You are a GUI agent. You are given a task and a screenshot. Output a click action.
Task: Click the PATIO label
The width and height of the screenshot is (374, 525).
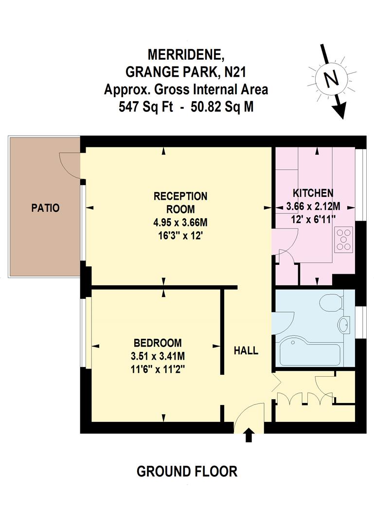pyautogui.click(x=45, y=208)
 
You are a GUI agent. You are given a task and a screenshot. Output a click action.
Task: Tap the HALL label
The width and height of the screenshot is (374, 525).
pyautogui.click(x=246, y=350)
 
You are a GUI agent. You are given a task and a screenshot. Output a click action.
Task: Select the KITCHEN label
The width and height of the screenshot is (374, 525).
pyautogui.click(x=313, y=192)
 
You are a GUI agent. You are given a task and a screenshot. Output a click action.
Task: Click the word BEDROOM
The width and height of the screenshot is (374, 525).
pyautogui.click(x=158, y=342)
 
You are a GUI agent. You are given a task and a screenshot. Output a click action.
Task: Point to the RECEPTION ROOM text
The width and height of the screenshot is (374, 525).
pyautogui.click(x=180, y=203)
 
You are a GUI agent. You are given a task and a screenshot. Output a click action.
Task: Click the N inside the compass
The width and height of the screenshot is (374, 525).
pyautogui.click(x=331, y=78)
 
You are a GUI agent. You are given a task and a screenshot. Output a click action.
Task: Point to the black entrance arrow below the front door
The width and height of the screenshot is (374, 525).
pyautogui.click(x=249, y=435)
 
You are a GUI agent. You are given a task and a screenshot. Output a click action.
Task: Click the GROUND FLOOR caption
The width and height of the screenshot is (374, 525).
pyautogui.click(x=187, y=471)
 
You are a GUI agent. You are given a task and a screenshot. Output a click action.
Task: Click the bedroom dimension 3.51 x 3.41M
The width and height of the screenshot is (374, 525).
pyautogui.click(x=158, y=356)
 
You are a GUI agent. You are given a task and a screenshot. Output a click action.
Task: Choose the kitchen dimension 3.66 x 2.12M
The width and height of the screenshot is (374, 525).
pyautogui.click(x=313, y=207)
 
